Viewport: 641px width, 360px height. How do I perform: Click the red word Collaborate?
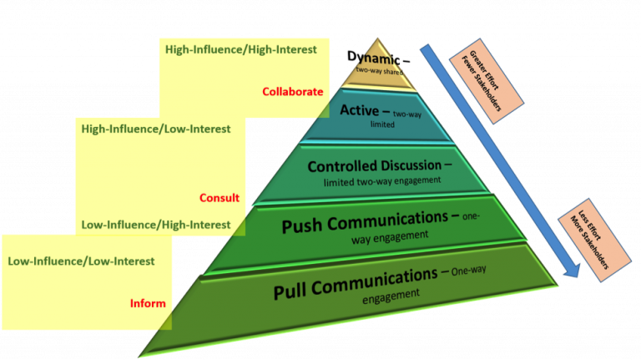[x=292, y=92]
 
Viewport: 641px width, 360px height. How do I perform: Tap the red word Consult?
[x=220, y=198]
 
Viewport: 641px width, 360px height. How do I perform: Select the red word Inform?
[x=148, y=303]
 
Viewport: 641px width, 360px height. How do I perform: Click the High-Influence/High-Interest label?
[x=240, y=49]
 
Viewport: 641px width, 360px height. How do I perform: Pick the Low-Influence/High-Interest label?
[x=156, y=225]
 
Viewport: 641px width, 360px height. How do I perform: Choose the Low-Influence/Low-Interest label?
[x=81, y=261]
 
